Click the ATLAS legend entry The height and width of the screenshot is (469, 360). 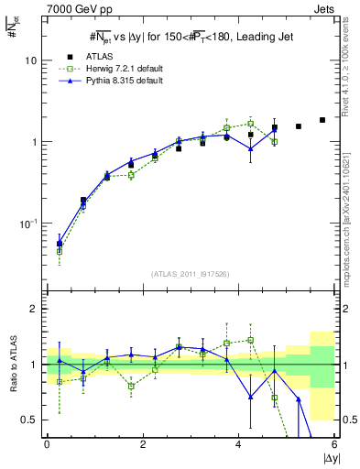(x=98, y=57)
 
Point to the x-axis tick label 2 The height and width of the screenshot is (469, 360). (x=143, y=444)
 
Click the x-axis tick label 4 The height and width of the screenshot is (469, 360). (x=239, y=444)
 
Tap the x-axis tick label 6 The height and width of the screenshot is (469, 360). (x=334, y=444)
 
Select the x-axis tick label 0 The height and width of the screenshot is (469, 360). (x=47, y=444)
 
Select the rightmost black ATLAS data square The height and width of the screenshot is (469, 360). (x=322, y=120)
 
